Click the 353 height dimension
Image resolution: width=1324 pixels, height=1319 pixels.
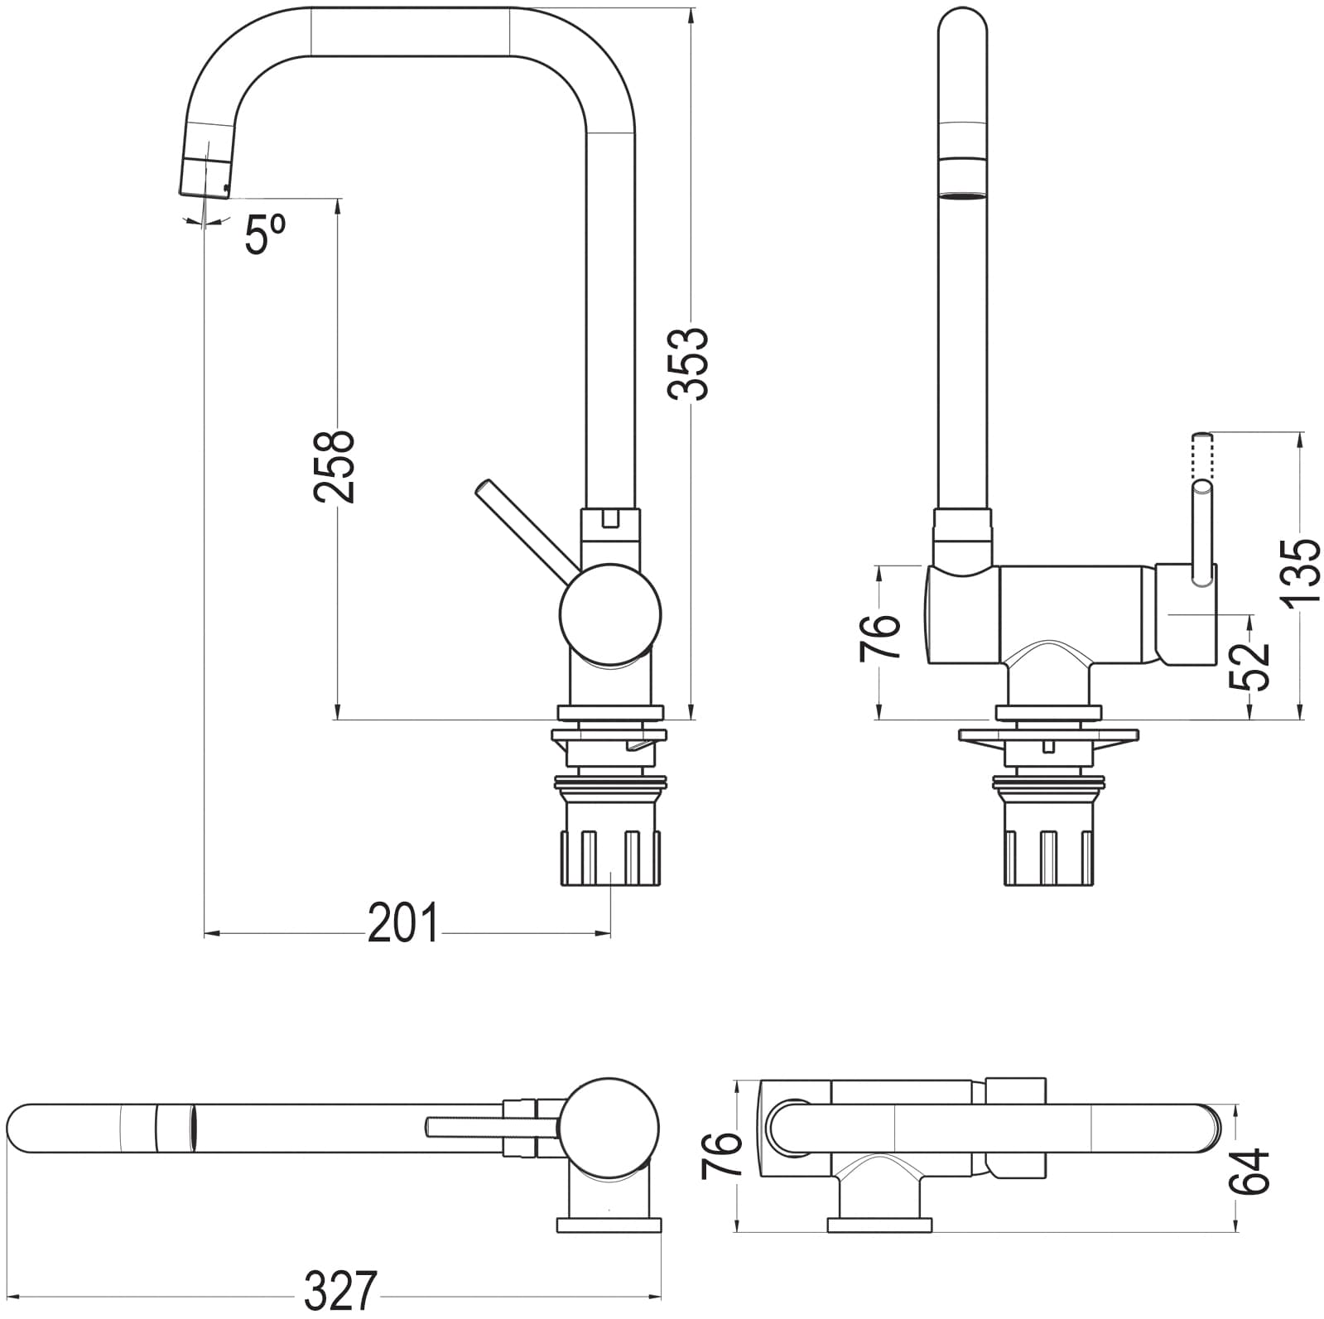[690, 363]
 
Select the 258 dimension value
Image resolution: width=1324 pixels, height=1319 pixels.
[335, 465]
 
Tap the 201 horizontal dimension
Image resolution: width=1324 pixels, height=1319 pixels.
[402, 924]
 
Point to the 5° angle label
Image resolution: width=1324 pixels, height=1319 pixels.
[266, 233]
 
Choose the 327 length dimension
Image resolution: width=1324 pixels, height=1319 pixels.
[341, 1291]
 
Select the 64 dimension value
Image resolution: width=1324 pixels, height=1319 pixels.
[1249, 1171]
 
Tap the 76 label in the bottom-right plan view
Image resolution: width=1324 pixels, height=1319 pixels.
[720, 1156]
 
